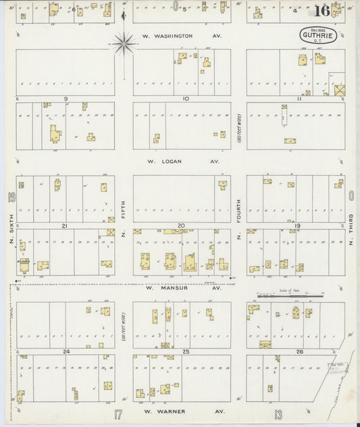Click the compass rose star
tap(124, 45)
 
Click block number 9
tap(66, 99)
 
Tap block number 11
tap(298, 99)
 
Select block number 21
tap(65, 226)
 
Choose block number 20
tap(181, 226)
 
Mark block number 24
tap(66, 352)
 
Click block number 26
tap(299, 352)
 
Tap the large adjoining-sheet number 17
tap(118, 413)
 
